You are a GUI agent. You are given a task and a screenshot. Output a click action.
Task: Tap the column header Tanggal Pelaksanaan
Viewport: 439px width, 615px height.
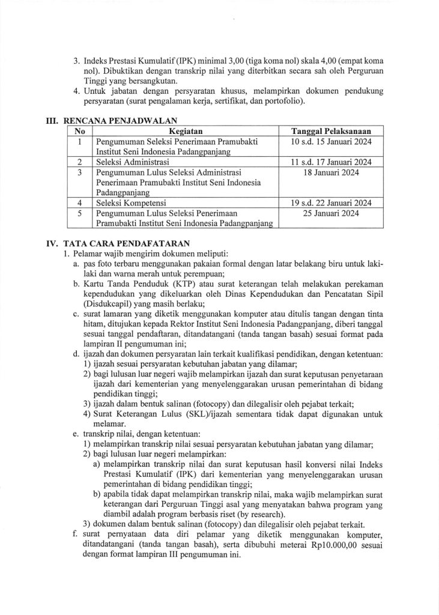pyautogui.click(x=330, y=130)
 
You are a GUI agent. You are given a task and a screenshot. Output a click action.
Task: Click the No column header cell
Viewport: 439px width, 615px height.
pyautogui.click(x=80, y=130)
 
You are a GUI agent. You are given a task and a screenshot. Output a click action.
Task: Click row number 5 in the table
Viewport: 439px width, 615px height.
pyautogui.click(x=80, y=213)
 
